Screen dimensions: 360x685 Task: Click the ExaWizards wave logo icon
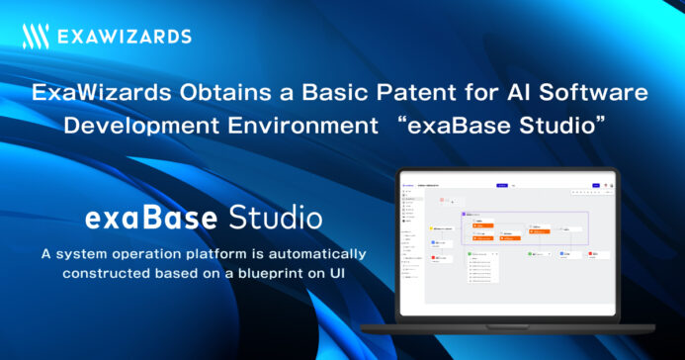[x=37, y=38]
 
